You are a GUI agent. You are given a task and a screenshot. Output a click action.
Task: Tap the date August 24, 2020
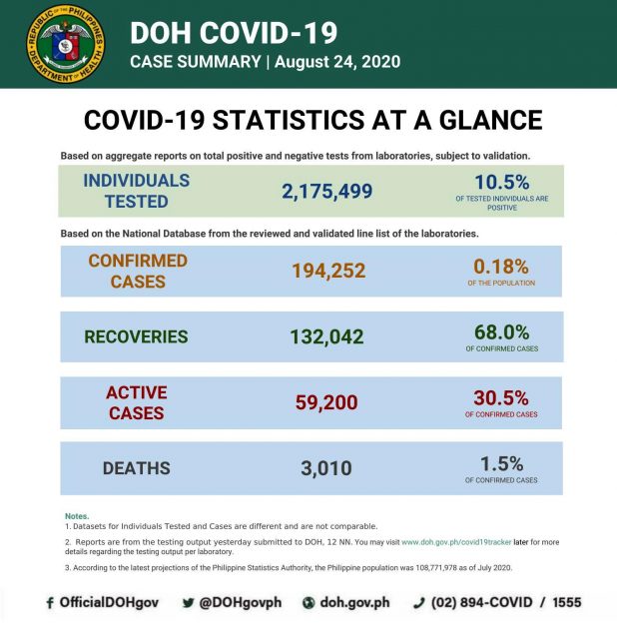tap(336, 62)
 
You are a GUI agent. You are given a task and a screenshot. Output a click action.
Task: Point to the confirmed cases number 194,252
tap(328, 271)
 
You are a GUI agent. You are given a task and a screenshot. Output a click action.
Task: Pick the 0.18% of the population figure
tap(500, 265)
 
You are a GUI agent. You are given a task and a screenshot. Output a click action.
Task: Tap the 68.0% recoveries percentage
tap(501, 331)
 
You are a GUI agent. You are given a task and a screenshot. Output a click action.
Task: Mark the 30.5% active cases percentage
tap(501, 397)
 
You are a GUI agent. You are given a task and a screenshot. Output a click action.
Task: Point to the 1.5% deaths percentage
tap(501, 463)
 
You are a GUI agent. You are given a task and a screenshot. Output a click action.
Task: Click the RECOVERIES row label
tap(136, 337)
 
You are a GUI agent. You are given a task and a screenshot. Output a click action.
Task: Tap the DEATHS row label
tap(136, 468)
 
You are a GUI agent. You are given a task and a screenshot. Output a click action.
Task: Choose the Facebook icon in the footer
tap(49, 603)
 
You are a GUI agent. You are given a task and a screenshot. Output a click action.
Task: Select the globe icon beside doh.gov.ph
tap(308, 603)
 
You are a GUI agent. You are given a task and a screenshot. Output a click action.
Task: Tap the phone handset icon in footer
tap(419, 603)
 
